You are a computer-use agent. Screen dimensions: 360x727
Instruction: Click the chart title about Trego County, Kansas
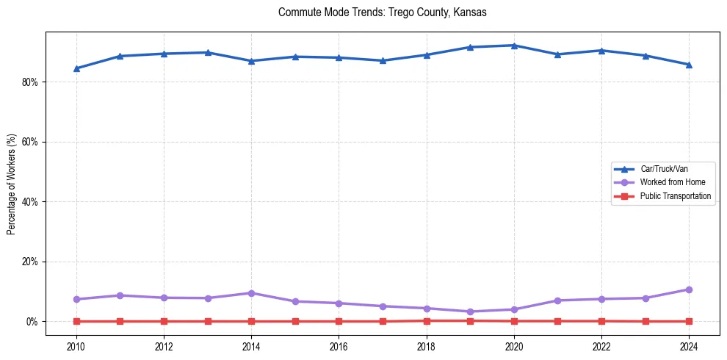point(382,12)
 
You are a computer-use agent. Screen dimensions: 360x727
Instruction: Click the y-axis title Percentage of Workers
point(11,184)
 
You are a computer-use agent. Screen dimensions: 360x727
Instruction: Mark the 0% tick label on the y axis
point(32,322)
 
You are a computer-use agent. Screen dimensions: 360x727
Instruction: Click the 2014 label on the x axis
point(251,346)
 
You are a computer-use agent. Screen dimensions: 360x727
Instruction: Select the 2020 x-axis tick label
point(514,346)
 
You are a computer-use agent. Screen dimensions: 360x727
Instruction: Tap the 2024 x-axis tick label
point(689,346)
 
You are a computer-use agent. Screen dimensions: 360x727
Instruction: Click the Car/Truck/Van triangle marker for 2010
point(76,68)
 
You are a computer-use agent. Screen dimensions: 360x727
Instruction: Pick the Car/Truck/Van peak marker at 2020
point(514,46)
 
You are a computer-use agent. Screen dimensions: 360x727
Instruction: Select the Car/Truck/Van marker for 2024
point(689,65)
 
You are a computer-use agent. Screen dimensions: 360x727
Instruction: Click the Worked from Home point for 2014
point(251,293)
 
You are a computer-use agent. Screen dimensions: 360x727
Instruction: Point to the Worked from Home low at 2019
point(470,312)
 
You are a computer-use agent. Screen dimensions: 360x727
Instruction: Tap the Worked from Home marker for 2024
point(689,289)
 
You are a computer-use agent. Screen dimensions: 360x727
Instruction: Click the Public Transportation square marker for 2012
point(164,321)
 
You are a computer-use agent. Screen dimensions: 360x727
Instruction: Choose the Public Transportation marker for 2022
point(601,321)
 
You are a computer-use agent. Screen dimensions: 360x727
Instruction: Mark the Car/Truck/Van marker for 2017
point(383,60)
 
